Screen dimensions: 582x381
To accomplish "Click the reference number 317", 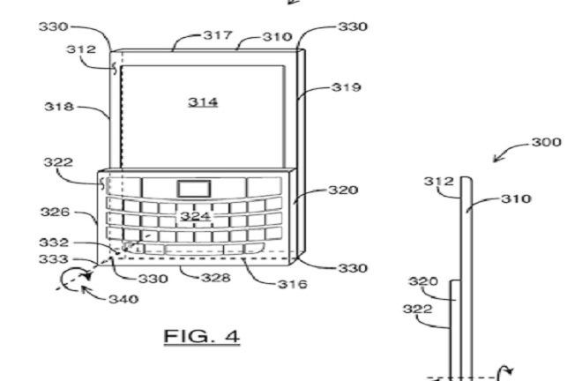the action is [x=218, y=35].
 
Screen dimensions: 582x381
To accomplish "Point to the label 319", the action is [x=346, y=87].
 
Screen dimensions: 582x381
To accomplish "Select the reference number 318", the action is [x=59, y=107].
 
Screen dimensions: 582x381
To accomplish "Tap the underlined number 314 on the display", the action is [x=203, y=101].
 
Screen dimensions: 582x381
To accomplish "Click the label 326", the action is [x=55, y=212].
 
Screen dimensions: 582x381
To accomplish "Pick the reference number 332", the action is [x=54, y=243].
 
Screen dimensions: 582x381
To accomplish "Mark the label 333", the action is [x=54, y=258].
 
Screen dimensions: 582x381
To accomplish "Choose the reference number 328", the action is [x=216, y=278].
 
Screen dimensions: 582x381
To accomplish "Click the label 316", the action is [x=293, y=285].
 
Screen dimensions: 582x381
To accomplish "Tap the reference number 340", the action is [x=123, y=299].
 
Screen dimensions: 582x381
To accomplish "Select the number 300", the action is [x=547, y=142].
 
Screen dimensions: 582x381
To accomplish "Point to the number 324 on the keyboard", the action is [x=195, y=216].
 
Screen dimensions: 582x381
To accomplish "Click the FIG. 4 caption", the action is [x=202, y=336].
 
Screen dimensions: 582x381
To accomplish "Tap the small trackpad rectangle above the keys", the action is [x=194, y=189].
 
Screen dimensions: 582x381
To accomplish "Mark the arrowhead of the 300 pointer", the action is [x=496, y=160].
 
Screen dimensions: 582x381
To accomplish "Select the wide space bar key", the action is [x=194, y=250].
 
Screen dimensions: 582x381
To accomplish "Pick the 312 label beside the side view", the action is [x=439, y=181].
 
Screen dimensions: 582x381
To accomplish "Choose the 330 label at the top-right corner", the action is [x=353, y=26].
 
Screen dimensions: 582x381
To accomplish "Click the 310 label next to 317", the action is [x=278, y=37].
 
